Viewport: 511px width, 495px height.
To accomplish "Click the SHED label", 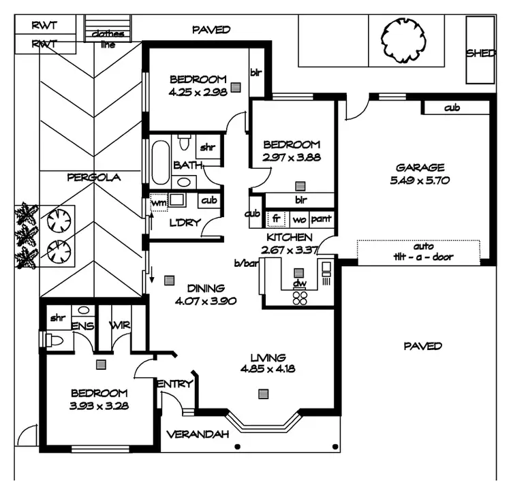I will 480,53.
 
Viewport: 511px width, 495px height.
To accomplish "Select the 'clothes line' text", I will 104,39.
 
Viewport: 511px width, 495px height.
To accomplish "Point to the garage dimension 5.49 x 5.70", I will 420,180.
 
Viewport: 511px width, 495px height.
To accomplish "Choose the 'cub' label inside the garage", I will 451,108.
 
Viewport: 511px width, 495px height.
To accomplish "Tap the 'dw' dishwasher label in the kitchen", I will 298,283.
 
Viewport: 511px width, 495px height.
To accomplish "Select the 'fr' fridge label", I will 277,219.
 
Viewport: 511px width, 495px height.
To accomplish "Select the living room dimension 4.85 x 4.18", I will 267,369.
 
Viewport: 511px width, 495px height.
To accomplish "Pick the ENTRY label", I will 175,384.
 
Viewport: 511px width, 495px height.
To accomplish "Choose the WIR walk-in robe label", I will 121,326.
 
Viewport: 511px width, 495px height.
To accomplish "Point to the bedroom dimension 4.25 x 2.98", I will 198,91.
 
